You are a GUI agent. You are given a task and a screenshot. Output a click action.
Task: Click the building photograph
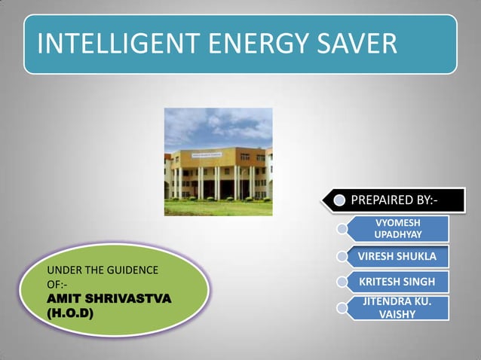tap(218, 161)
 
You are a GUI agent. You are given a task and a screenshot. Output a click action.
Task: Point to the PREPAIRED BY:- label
tap(394, 200)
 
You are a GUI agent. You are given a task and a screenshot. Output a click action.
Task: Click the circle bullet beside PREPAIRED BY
tap(340, 200)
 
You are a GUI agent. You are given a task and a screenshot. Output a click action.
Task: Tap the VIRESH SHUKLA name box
tap(397, 257)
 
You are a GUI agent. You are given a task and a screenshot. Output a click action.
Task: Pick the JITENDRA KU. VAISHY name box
tap(398, 308)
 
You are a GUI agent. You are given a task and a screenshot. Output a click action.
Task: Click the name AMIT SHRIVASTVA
tap(109, 299)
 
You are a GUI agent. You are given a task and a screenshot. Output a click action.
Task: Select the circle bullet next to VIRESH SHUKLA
tap(343, 257)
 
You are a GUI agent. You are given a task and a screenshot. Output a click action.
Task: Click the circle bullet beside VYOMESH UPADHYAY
tap(343, 227)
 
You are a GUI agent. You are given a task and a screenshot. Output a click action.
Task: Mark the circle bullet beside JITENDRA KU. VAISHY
tap(343, 308)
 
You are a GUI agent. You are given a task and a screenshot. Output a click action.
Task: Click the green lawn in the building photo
tap(218, 208)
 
